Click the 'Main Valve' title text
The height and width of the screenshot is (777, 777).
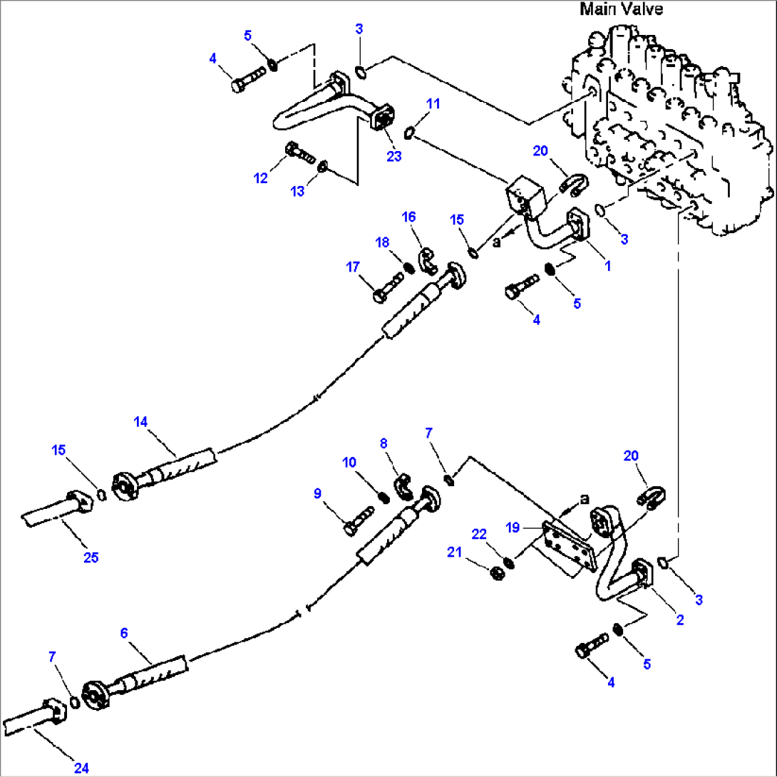[621, 9]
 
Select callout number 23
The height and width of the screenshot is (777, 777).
[395, 156]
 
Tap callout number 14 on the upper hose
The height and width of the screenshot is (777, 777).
[141, 421]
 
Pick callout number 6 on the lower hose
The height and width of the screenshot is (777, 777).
[124, 632]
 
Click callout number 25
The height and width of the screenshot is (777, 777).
[91, 557]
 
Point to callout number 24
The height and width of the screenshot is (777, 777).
[81, 768]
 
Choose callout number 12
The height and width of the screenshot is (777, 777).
[262, 178]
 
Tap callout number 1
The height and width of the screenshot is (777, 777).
[607, 265]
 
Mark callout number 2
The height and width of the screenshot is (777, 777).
[680, 620]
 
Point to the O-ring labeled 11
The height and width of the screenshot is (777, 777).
[411, 131]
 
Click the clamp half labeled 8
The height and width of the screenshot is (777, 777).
[404, 486]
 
